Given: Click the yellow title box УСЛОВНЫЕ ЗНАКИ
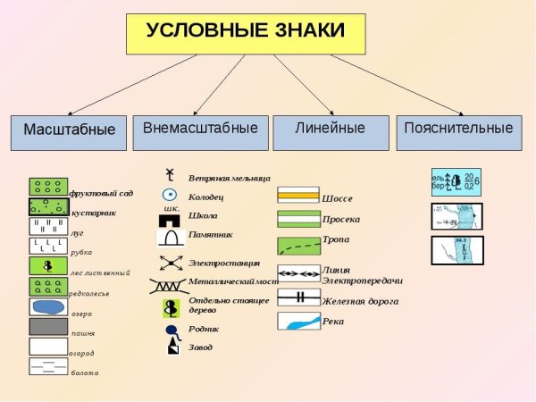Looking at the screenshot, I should coord(246,32).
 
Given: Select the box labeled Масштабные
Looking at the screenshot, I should coord(69,130).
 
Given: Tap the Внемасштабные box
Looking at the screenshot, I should coord(200,129).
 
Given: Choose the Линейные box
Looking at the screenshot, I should coord(331,129).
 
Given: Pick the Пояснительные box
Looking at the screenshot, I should coord(458,129).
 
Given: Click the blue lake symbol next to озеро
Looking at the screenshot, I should coord(48,306).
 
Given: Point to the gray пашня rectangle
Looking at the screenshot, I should coord(48,327).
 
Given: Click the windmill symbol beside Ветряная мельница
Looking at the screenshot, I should coord(169,176).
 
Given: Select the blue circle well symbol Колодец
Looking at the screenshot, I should coord(169,195).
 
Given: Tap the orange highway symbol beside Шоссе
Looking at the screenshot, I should coord(298,196).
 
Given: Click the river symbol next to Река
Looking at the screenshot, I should coord(298,321).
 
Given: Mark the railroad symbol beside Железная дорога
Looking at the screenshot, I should coord(298,297).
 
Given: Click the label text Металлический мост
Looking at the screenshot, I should coord(234,281).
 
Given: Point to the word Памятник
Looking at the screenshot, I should coord(211,235).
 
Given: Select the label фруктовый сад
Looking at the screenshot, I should coord(101,192).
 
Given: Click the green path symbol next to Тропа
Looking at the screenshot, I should coord(298,246).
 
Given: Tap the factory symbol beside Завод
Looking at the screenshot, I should coord(172,347).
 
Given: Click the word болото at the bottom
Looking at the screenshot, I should coord(85,373).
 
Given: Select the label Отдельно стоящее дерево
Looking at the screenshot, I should coord(229,305).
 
